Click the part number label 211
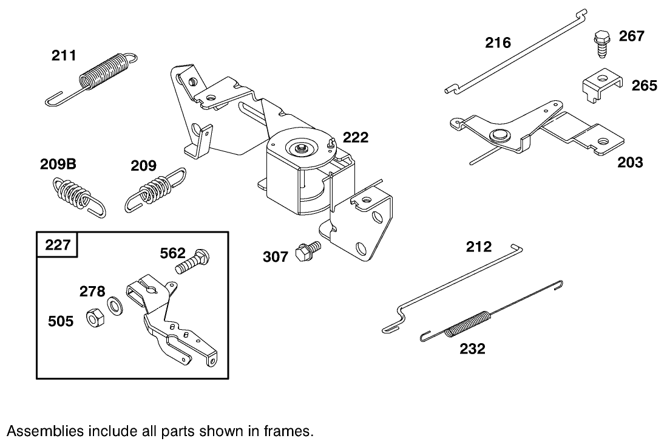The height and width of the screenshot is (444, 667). pos(64,56)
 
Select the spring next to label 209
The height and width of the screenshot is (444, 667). pos(155,189)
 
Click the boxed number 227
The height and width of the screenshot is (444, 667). pos(58,245)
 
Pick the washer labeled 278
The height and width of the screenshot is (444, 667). pos(115,304)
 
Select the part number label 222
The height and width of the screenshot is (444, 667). pos(355,138)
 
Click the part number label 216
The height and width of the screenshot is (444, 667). pos(498,43)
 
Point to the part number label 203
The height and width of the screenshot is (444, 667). pos(630,162)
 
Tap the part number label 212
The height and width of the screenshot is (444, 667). pos(479,247)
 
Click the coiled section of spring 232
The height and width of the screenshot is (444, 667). pos(468,324)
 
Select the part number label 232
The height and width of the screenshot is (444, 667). pos(472,349)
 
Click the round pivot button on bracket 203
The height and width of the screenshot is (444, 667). pos(500,134)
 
